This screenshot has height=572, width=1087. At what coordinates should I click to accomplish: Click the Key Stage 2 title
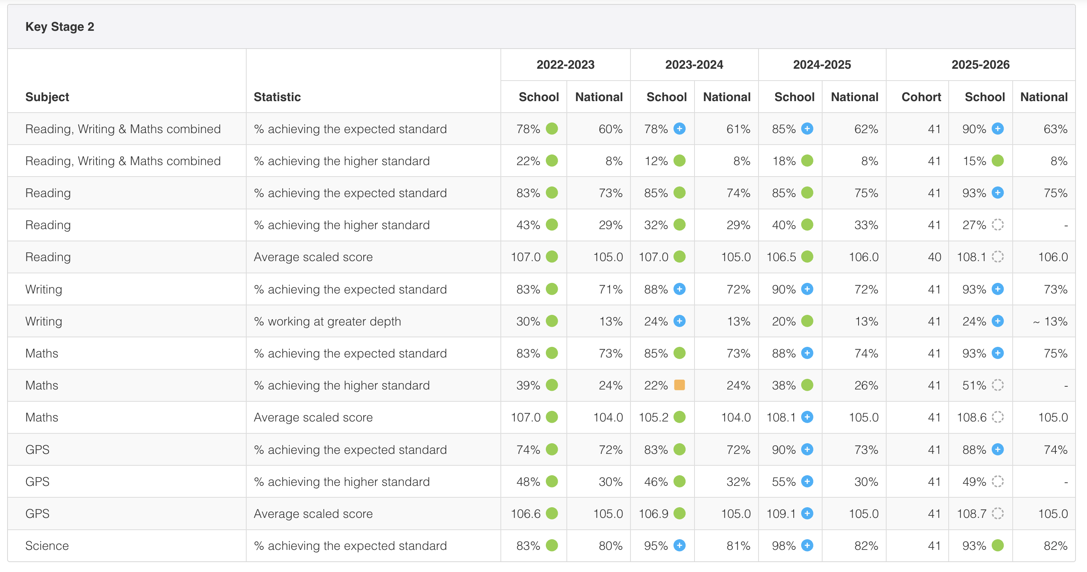pos(60,26)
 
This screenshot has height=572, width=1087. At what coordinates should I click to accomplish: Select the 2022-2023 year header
pos(566,64)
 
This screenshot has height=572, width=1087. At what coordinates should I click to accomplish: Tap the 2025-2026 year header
pos(980,64)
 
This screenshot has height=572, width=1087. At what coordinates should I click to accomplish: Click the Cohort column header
pos(921,97)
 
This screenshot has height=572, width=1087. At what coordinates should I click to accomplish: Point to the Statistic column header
pos(277,97)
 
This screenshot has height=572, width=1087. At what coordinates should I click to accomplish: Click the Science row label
pos(47,546)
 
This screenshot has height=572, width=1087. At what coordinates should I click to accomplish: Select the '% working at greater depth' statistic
pos(327,322)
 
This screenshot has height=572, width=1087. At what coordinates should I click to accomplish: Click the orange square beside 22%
pos(679,385)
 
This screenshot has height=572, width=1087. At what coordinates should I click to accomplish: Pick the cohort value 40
pos(934,257)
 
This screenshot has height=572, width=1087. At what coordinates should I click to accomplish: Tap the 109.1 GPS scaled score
pos(781,514)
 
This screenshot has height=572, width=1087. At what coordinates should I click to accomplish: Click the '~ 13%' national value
pos(1050,322)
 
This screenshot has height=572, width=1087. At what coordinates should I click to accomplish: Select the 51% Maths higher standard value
pos(974,385)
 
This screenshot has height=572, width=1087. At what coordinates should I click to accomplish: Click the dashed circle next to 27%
pos(998,225)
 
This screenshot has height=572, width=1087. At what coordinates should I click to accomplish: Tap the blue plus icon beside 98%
pos(807,546)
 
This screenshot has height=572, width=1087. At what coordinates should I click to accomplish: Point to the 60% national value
pos(611,129)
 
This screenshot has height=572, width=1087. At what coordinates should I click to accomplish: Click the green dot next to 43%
pos(552,225)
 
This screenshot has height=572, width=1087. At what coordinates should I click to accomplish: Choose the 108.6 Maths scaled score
pos(971,417)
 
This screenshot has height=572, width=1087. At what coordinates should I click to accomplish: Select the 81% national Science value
pos(738,546)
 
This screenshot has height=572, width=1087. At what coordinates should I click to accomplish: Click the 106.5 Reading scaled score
pos(781,257)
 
